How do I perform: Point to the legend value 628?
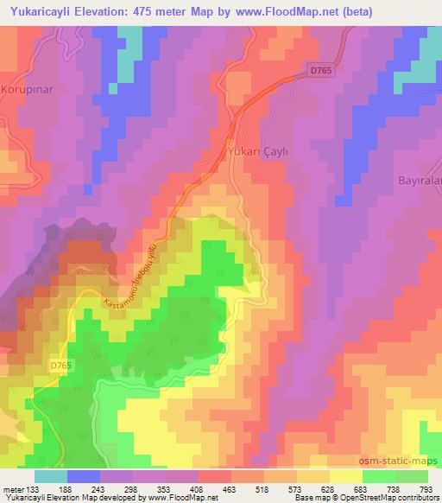tap(316, 488)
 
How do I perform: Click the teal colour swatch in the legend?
tap(51, 476)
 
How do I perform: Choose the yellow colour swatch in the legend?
tap(346, 476)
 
